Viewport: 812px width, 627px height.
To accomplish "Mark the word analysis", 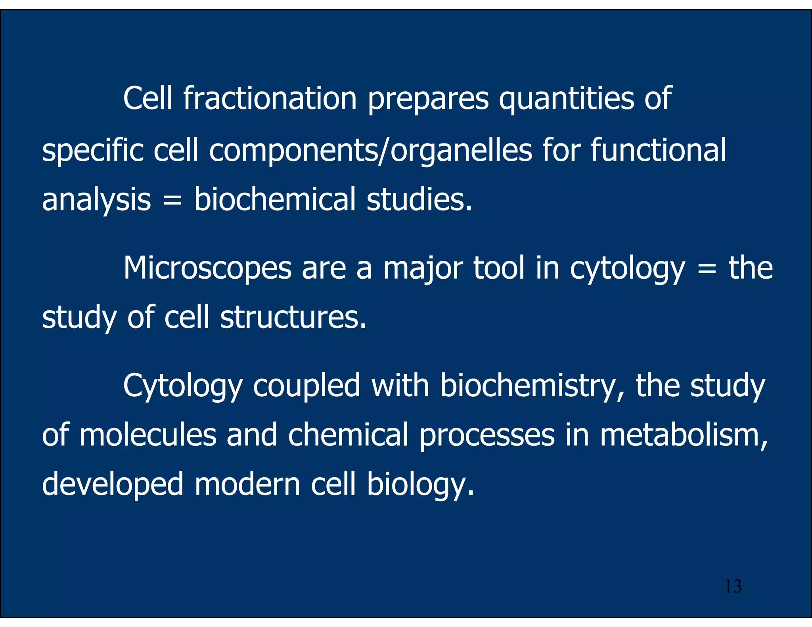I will (96, 200).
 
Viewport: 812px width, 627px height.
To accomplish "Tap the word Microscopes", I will (207, 269).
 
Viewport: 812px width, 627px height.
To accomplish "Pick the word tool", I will (499, 268).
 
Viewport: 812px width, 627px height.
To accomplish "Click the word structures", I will (293, 317).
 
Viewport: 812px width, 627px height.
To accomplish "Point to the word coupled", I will (306, 386).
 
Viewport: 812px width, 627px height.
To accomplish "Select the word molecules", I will (148, 435).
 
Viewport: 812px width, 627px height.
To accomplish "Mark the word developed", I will (113, 485).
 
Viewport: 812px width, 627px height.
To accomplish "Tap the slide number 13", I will (733, 587).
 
